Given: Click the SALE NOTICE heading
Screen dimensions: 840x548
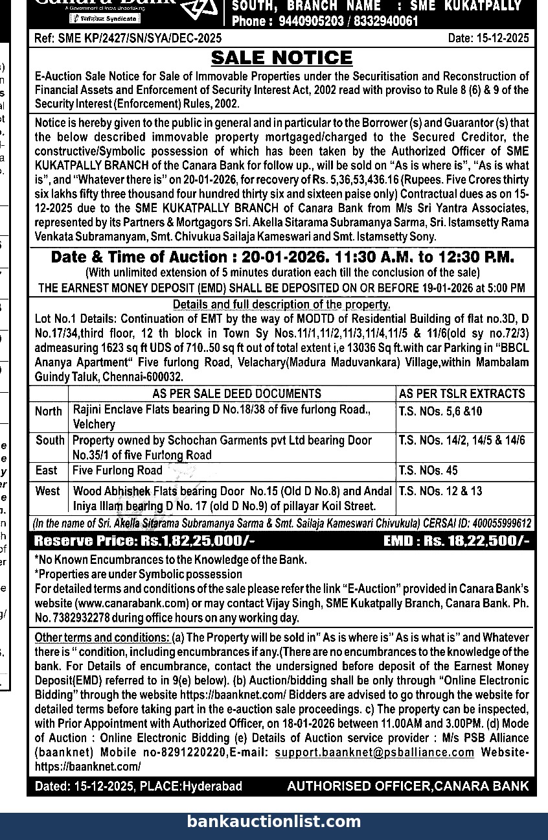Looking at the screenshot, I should click(282, 58).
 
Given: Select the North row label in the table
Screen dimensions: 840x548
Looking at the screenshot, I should click(49, 412).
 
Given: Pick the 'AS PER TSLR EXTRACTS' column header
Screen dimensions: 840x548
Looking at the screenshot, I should click(462, 393).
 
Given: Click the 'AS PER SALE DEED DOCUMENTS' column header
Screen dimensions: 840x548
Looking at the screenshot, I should click(236, 393).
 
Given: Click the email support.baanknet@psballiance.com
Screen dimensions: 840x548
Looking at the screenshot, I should click(374, 752).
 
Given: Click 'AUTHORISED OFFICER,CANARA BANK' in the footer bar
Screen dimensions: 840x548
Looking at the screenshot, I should click(407, 786).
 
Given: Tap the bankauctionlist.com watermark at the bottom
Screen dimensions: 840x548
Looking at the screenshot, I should click(274, 822).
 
